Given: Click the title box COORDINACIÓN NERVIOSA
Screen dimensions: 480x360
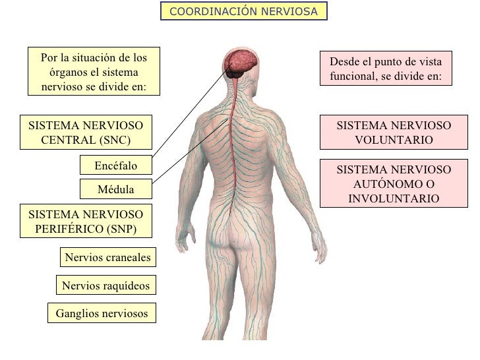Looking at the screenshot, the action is [x=244, y=11].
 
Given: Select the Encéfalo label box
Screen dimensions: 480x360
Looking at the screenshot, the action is [x=116, y=165].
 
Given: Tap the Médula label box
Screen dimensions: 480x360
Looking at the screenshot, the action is [x=116, y=189].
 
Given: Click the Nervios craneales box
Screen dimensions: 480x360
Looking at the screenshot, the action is [x=108, y=257].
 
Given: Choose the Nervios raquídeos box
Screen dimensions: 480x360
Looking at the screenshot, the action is [x=106, y=285].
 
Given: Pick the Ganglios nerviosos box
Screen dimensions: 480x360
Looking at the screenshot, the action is [x=102, y=313].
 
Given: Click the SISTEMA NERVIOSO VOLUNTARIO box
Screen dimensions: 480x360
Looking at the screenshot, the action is [x=394, y=133].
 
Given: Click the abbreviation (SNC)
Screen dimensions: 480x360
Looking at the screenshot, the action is [x=115, y=140].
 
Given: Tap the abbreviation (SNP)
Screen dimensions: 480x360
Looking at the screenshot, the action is [x=121, y=229].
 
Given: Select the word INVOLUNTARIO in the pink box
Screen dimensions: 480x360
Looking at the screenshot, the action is [x=394, y=198].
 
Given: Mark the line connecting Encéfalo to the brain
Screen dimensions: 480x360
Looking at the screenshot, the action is [x=191, y=111].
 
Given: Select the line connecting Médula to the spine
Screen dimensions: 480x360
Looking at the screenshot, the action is [x=191, y=152].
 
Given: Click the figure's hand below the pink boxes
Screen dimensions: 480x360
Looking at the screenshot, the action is [x=319, y=247].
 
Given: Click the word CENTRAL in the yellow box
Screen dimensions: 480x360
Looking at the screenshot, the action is [x=69, y=140].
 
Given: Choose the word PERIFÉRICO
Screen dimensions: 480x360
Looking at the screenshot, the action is [x=69, y=229].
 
